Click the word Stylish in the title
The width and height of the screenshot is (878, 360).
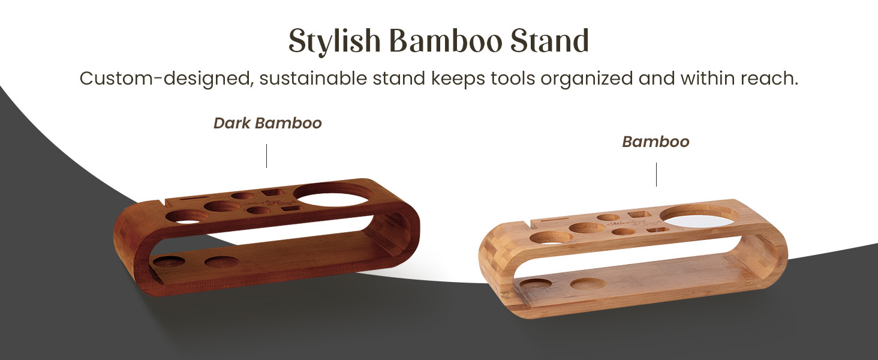335,41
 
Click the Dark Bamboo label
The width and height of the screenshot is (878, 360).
267,123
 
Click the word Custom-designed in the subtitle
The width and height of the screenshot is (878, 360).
165,79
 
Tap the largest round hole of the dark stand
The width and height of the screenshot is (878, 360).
335,194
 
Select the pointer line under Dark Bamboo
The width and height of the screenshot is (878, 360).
266,155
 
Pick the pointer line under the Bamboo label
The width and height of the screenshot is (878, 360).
656,174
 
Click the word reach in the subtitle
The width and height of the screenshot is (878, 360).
772,79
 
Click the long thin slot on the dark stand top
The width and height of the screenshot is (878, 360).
193,197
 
